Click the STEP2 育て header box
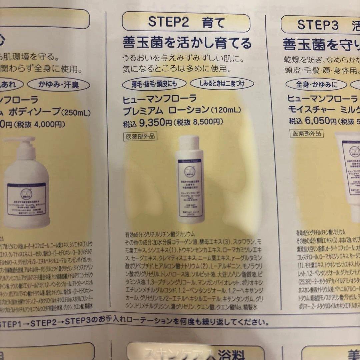tap(186, 22)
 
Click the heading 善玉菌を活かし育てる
tap(187, 43)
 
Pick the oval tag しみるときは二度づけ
tap(222, 83)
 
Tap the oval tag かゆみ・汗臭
tap(58, 84)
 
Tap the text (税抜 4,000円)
tap(40, 124)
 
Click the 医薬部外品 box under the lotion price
tap(140, 136)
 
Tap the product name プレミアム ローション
tap(165, 110)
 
